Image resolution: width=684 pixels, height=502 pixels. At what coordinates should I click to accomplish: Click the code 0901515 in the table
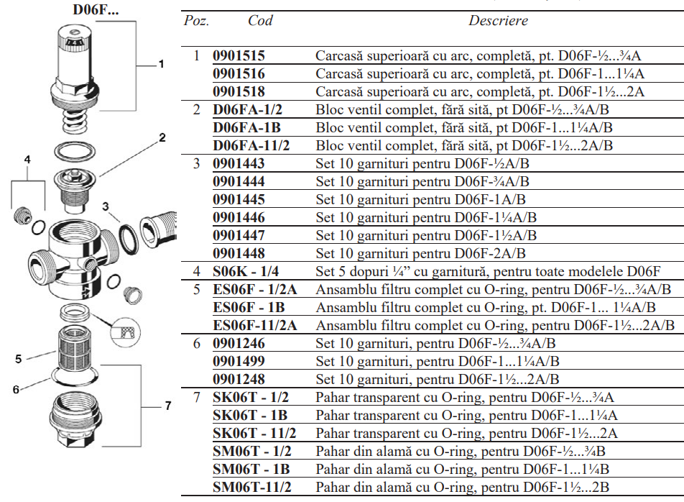coord(239,55)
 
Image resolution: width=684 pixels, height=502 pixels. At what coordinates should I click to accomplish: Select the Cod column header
coord(260,21)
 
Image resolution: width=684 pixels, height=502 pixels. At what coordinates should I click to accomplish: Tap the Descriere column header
coord(498,21)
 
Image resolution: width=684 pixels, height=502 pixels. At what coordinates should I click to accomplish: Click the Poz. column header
coord(196,21)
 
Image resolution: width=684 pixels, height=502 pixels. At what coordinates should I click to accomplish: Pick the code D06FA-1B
coord(246,127)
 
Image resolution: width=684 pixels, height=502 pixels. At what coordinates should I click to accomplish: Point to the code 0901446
coord(239,217)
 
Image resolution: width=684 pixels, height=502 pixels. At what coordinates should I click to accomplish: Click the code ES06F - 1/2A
coord(254,289)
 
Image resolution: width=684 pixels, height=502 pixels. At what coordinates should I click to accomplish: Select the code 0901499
coord(239,361)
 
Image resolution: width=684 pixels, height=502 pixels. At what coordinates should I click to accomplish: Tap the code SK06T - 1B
coord(250,415)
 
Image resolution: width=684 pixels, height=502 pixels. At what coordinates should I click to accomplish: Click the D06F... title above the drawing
coord(96,10)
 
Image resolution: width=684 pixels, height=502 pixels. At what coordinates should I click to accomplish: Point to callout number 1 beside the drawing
coord(161,64)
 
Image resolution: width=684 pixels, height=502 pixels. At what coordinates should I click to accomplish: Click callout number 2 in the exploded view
coord(162,137)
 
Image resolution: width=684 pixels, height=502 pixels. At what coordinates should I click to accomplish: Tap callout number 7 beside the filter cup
coord(167,406)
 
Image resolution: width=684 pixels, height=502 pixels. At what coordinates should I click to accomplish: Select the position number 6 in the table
coord(196,343)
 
